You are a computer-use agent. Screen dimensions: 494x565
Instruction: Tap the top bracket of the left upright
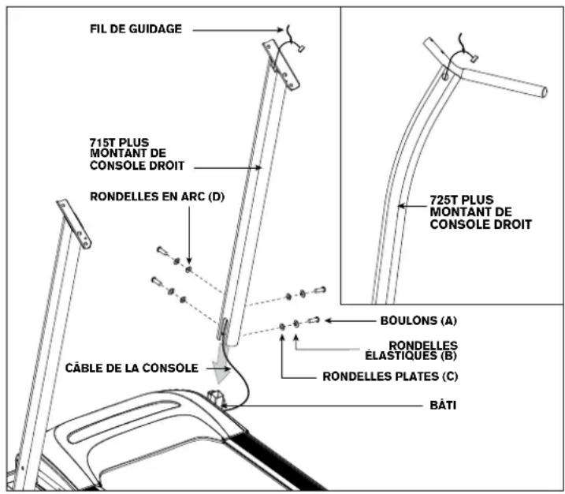coord(73,223)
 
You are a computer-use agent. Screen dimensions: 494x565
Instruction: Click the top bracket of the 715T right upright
coord(281,63)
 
